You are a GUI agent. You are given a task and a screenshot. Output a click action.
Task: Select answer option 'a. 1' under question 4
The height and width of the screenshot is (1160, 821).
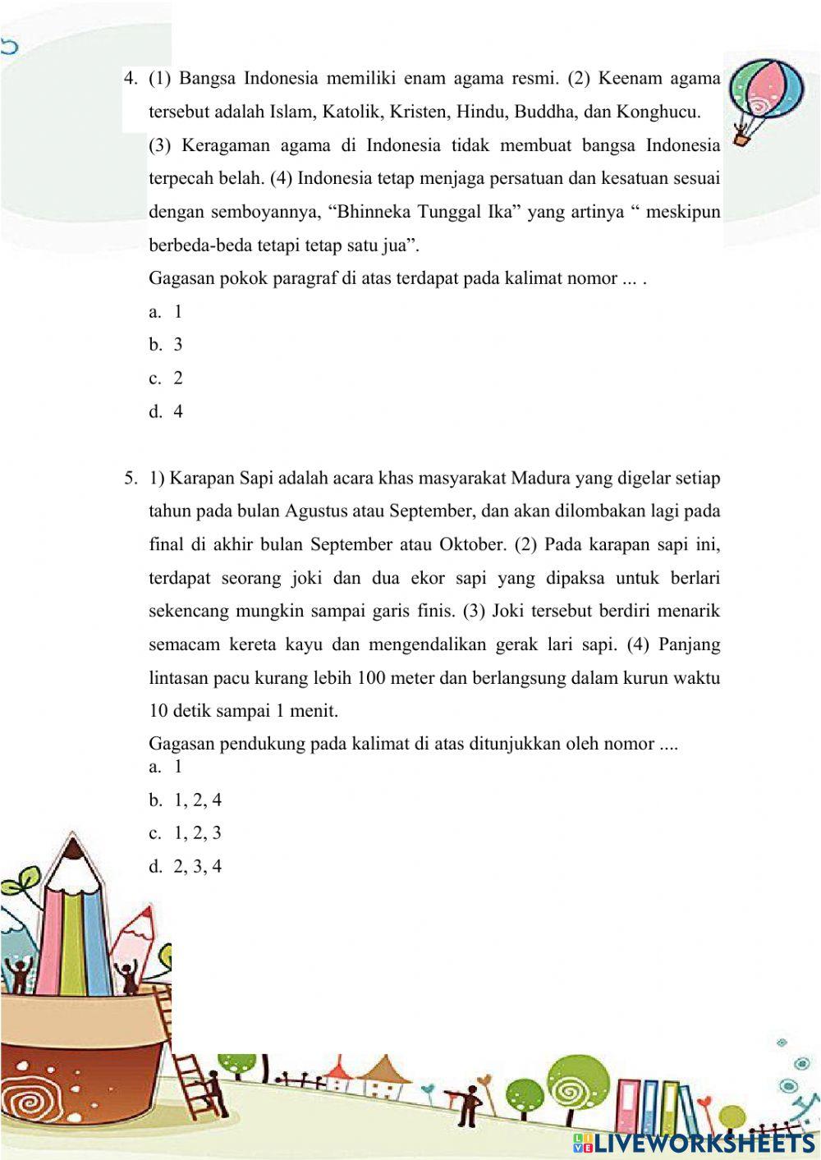click(x=166, y=311)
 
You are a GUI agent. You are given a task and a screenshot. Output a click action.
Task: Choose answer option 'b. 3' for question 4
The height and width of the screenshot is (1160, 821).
click(x=166, y=345)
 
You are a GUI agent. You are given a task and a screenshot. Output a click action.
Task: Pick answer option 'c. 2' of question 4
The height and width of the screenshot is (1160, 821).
click(x=166, y=378)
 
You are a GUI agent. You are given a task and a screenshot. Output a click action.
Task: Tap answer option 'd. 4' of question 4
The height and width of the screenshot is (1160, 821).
click(x=166, y=412)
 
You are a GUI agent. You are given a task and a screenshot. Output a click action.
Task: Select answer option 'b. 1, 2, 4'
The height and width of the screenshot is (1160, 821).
click(x=186, y=800)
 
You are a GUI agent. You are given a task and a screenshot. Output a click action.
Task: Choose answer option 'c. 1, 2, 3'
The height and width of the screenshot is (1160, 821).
click(x=186, y=833)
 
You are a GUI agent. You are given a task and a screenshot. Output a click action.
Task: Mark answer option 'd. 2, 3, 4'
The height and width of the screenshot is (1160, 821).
click(x=186, y=867)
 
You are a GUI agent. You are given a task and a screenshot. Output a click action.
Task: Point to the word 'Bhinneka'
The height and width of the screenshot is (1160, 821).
click(x=374, y=212)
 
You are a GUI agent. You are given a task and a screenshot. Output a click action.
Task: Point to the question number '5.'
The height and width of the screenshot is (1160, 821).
click(x=131, y=478)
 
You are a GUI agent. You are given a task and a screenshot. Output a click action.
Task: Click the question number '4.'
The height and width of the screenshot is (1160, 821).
click(x=130, y=79)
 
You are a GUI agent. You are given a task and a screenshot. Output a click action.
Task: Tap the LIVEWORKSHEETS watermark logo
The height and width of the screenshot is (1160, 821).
click(x=695, y=1142)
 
